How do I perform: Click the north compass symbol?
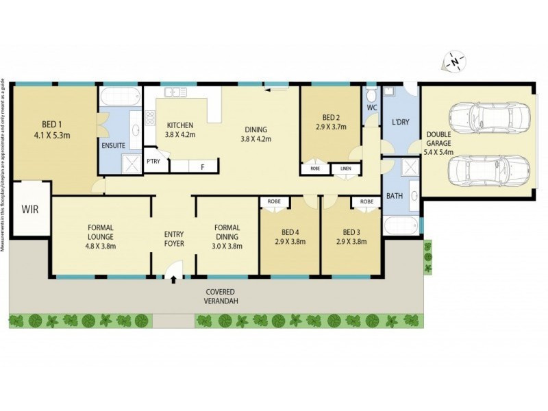[453, 62]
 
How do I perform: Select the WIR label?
[29, 209]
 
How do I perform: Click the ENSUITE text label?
[113, 145]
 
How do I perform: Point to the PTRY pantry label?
[153, 161]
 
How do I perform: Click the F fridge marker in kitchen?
[202, 166]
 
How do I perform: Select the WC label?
[372, 108]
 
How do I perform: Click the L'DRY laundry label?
[400, 121]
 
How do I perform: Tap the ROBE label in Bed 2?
[315, 167]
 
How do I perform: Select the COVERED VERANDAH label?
[223, 296]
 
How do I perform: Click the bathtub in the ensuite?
[119, 95]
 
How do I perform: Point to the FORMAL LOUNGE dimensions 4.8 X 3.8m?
[100, 246]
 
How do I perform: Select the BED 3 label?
[351, 232]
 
